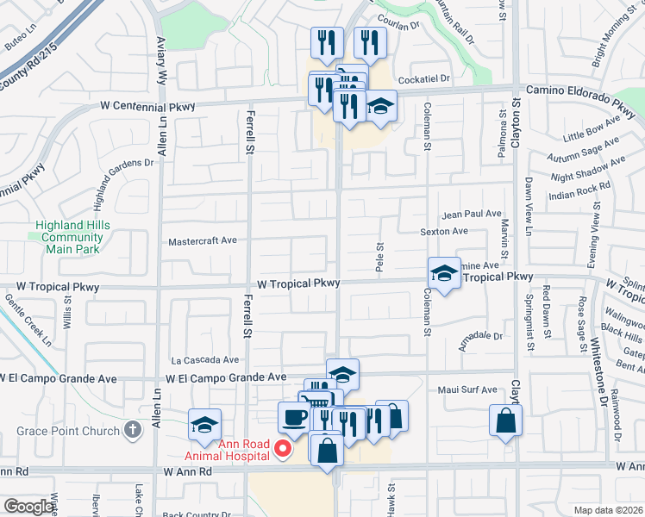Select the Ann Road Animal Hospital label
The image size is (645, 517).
pyautogui.click(x=228, y=451)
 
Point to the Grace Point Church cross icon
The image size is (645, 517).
pyautogui.click(x=132, y=429)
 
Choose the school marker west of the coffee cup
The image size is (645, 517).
pyautogui.click(x=205, y=424)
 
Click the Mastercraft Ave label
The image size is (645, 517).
pyautogui.click(x=203, y=242)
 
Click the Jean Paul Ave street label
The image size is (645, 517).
pyautogui.click(x=471, y=214)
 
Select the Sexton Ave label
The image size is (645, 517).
pyautogui.click(x=443, y=231)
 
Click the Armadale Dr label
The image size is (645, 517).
pyautogui.click(x=480, y=336)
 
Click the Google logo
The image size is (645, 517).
pyautogui.click(x=28, y=507)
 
